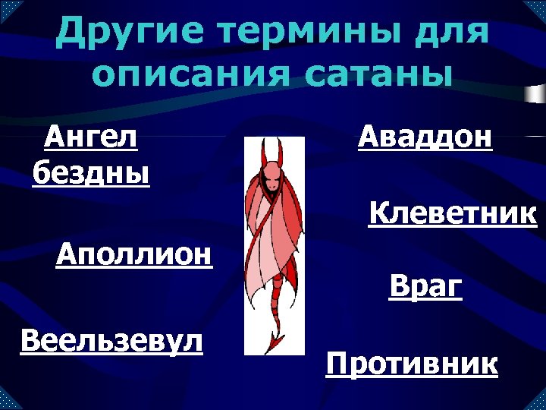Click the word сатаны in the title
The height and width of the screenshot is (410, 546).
(x=372, y=76)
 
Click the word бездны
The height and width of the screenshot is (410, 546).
(x=91, y=172)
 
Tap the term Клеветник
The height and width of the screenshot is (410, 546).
(x=453, y=214)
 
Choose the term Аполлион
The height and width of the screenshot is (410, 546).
(x=134, y=253)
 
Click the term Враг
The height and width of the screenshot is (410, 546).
(x=425, y=286)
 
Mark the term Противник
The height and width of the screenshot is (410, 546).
(x=412, y=364)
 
